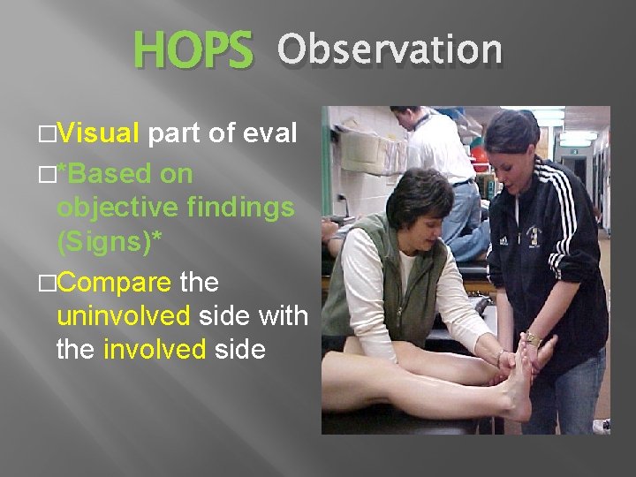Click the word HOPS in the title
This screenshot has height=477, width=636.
click(193, 52)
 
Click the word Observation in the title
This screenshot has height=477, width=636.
click(389, 50)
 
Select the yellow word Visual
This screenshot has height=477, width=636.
click(99, 133)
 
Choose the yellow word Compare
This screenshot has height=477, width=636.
click(115, 283)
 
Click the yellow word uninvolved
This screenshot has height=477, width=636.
click(124, 316)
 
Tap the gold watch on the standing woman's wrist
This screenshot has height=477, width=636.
click(533, 339)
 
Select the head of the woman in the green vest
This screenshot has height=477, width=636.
click(420, 199)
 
